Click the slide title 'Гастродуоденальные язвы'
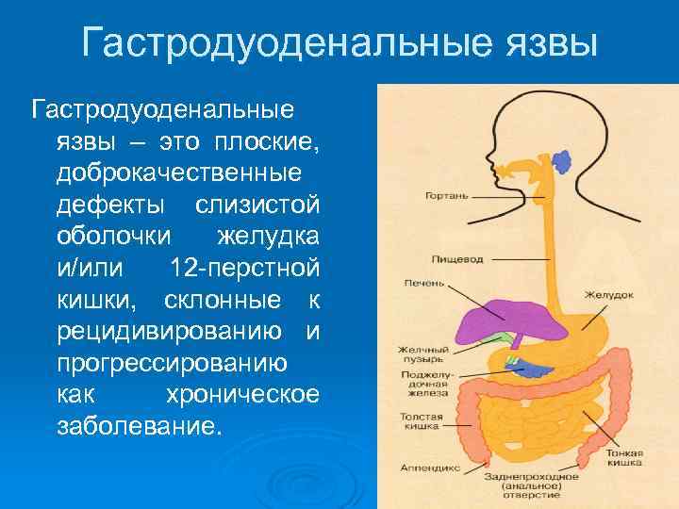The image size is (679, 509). pyautogui.click(x=339, y=42)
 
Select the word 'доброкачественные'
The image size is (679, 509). pyautogui.click(x=179, y=174)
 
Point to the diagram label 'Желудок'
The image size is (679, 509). pyautogui.click(x=608, y=295)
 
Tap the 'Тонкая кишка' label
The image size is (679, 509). pyautogui.click(x=624, y=457)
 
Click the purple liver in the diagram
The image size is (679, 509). pyautogui.click(x=487, y=321)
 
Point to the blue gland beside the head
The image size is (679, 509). pyautogui.click(x=562, y=161)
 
